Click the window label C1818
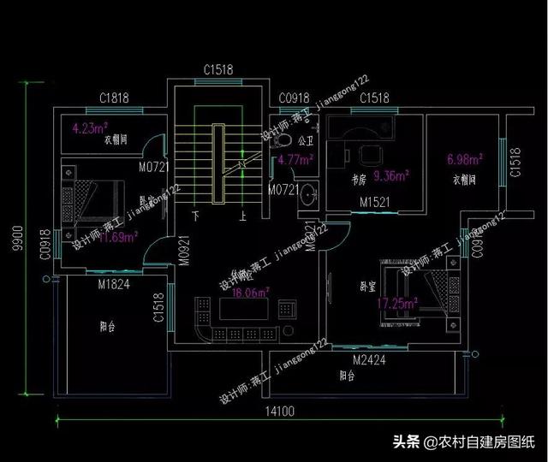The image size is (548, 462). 113,98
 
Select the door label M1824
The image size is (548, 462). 113,284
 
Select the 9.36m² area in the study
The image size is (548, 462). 392,177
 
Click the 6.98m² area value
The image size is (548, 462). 465,159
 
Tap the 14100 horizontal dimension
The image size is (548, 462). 278,412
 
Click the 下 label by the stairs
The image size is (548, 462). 196,216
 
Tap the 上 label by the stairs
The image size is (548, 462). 244,216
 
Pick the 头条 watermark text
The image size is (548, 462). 407,441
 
